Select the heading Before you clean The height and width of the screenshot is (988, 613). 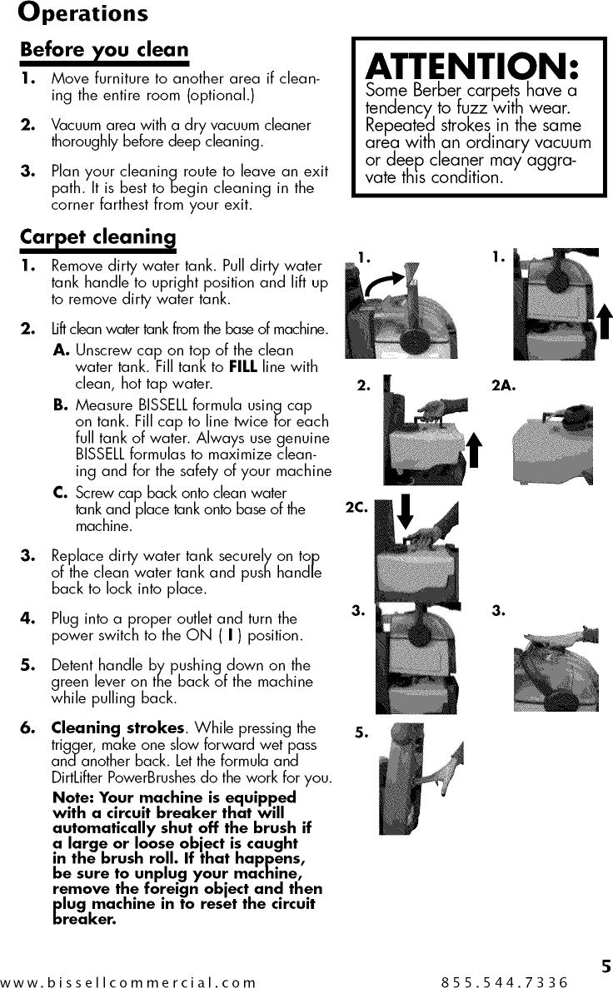point(104,50)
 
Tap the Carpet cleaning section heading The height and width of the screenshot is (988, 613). point(98,237)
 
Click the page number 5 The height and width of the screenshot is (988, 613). point(606,966)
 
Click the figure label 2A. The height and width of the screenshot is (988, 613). point(503,385)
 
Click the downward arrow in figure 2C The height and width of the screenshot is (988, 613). point(405,511)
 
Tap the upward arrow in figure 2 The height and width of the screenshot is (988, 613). point(474,449)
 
